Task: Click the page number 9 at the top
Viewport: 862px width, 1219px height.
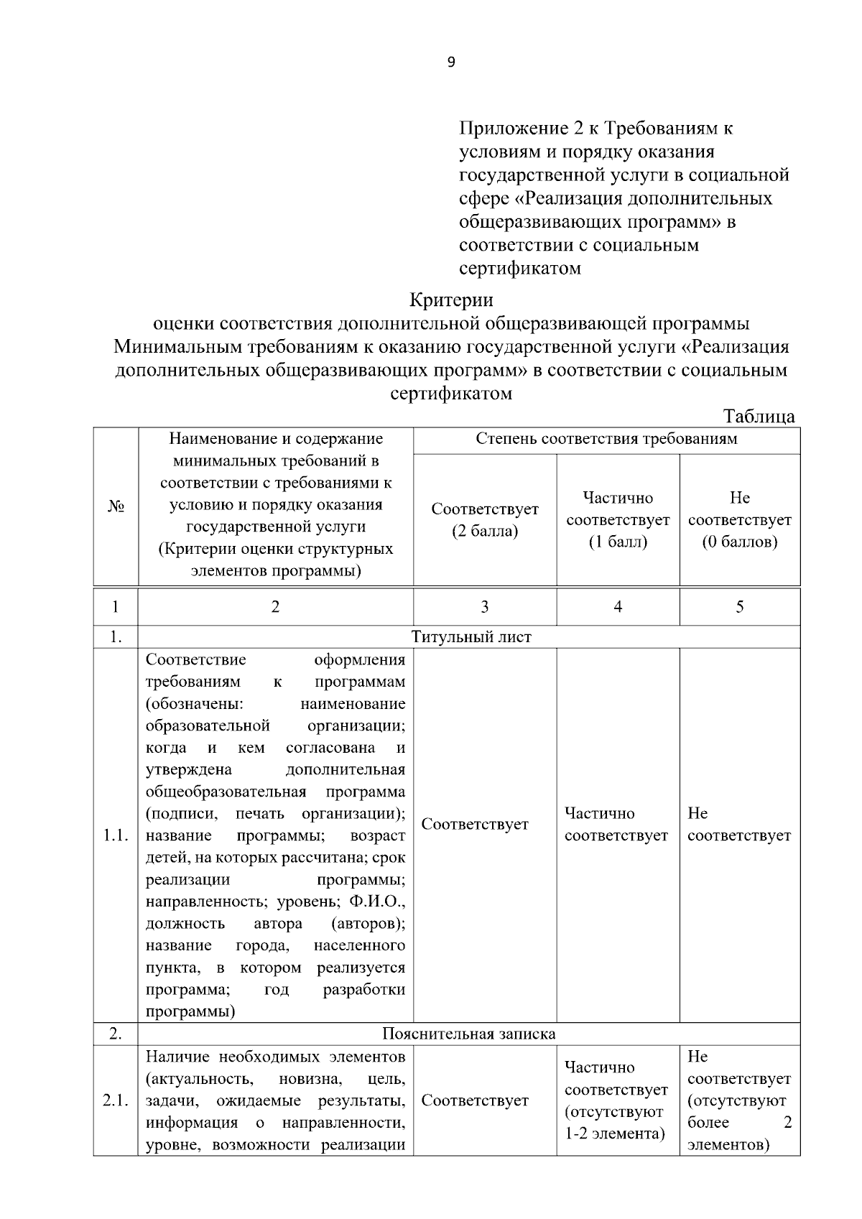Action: coord(451,62)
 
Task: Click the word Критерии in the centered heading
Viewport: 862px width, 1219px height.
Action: coord(451,298)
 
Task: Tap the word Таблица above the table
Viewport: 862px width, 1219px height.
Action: coord(759,417)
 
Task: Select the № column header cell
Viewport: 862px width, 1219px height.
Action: coord(116,506)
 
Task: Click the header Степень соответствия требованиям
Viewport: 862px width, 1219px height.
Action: coord(606,439)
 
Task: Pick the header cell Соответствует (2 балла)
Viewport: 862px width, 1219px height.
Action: coord(485,520)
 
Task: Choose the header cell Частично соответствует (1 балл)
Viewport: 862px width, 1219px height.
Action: coord(618,519)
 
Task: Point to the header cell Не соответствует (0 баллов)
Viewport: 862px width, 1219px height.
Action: coord(739,519)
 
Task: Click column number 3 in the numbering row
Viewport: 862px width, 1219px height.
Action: coord(485,607)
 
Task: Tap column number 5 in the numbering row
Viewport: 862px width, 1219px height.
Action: coord(739,607)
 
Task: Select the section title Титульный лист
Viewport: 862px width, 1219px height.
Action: coord(471,637)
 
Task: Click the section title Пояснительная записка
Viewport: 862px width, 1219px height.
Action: coord(468,1034)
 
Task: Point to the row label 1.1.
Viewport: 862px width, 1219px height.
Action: coord(116,835)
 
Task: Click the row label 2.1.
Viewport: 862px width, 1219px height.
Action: coord(116,1100)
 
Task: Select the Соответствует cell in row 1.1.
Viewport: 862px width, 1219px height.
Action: coord(475,825)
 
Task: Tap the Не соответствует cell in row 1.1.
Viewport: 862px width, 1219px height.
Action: coord(739,825)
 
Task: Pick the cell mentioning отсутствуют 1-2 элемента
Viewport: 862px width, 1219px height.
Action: coord(616,1100)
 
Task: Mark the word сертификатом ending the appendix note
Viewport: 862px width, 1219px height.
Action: coord(520,269)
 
